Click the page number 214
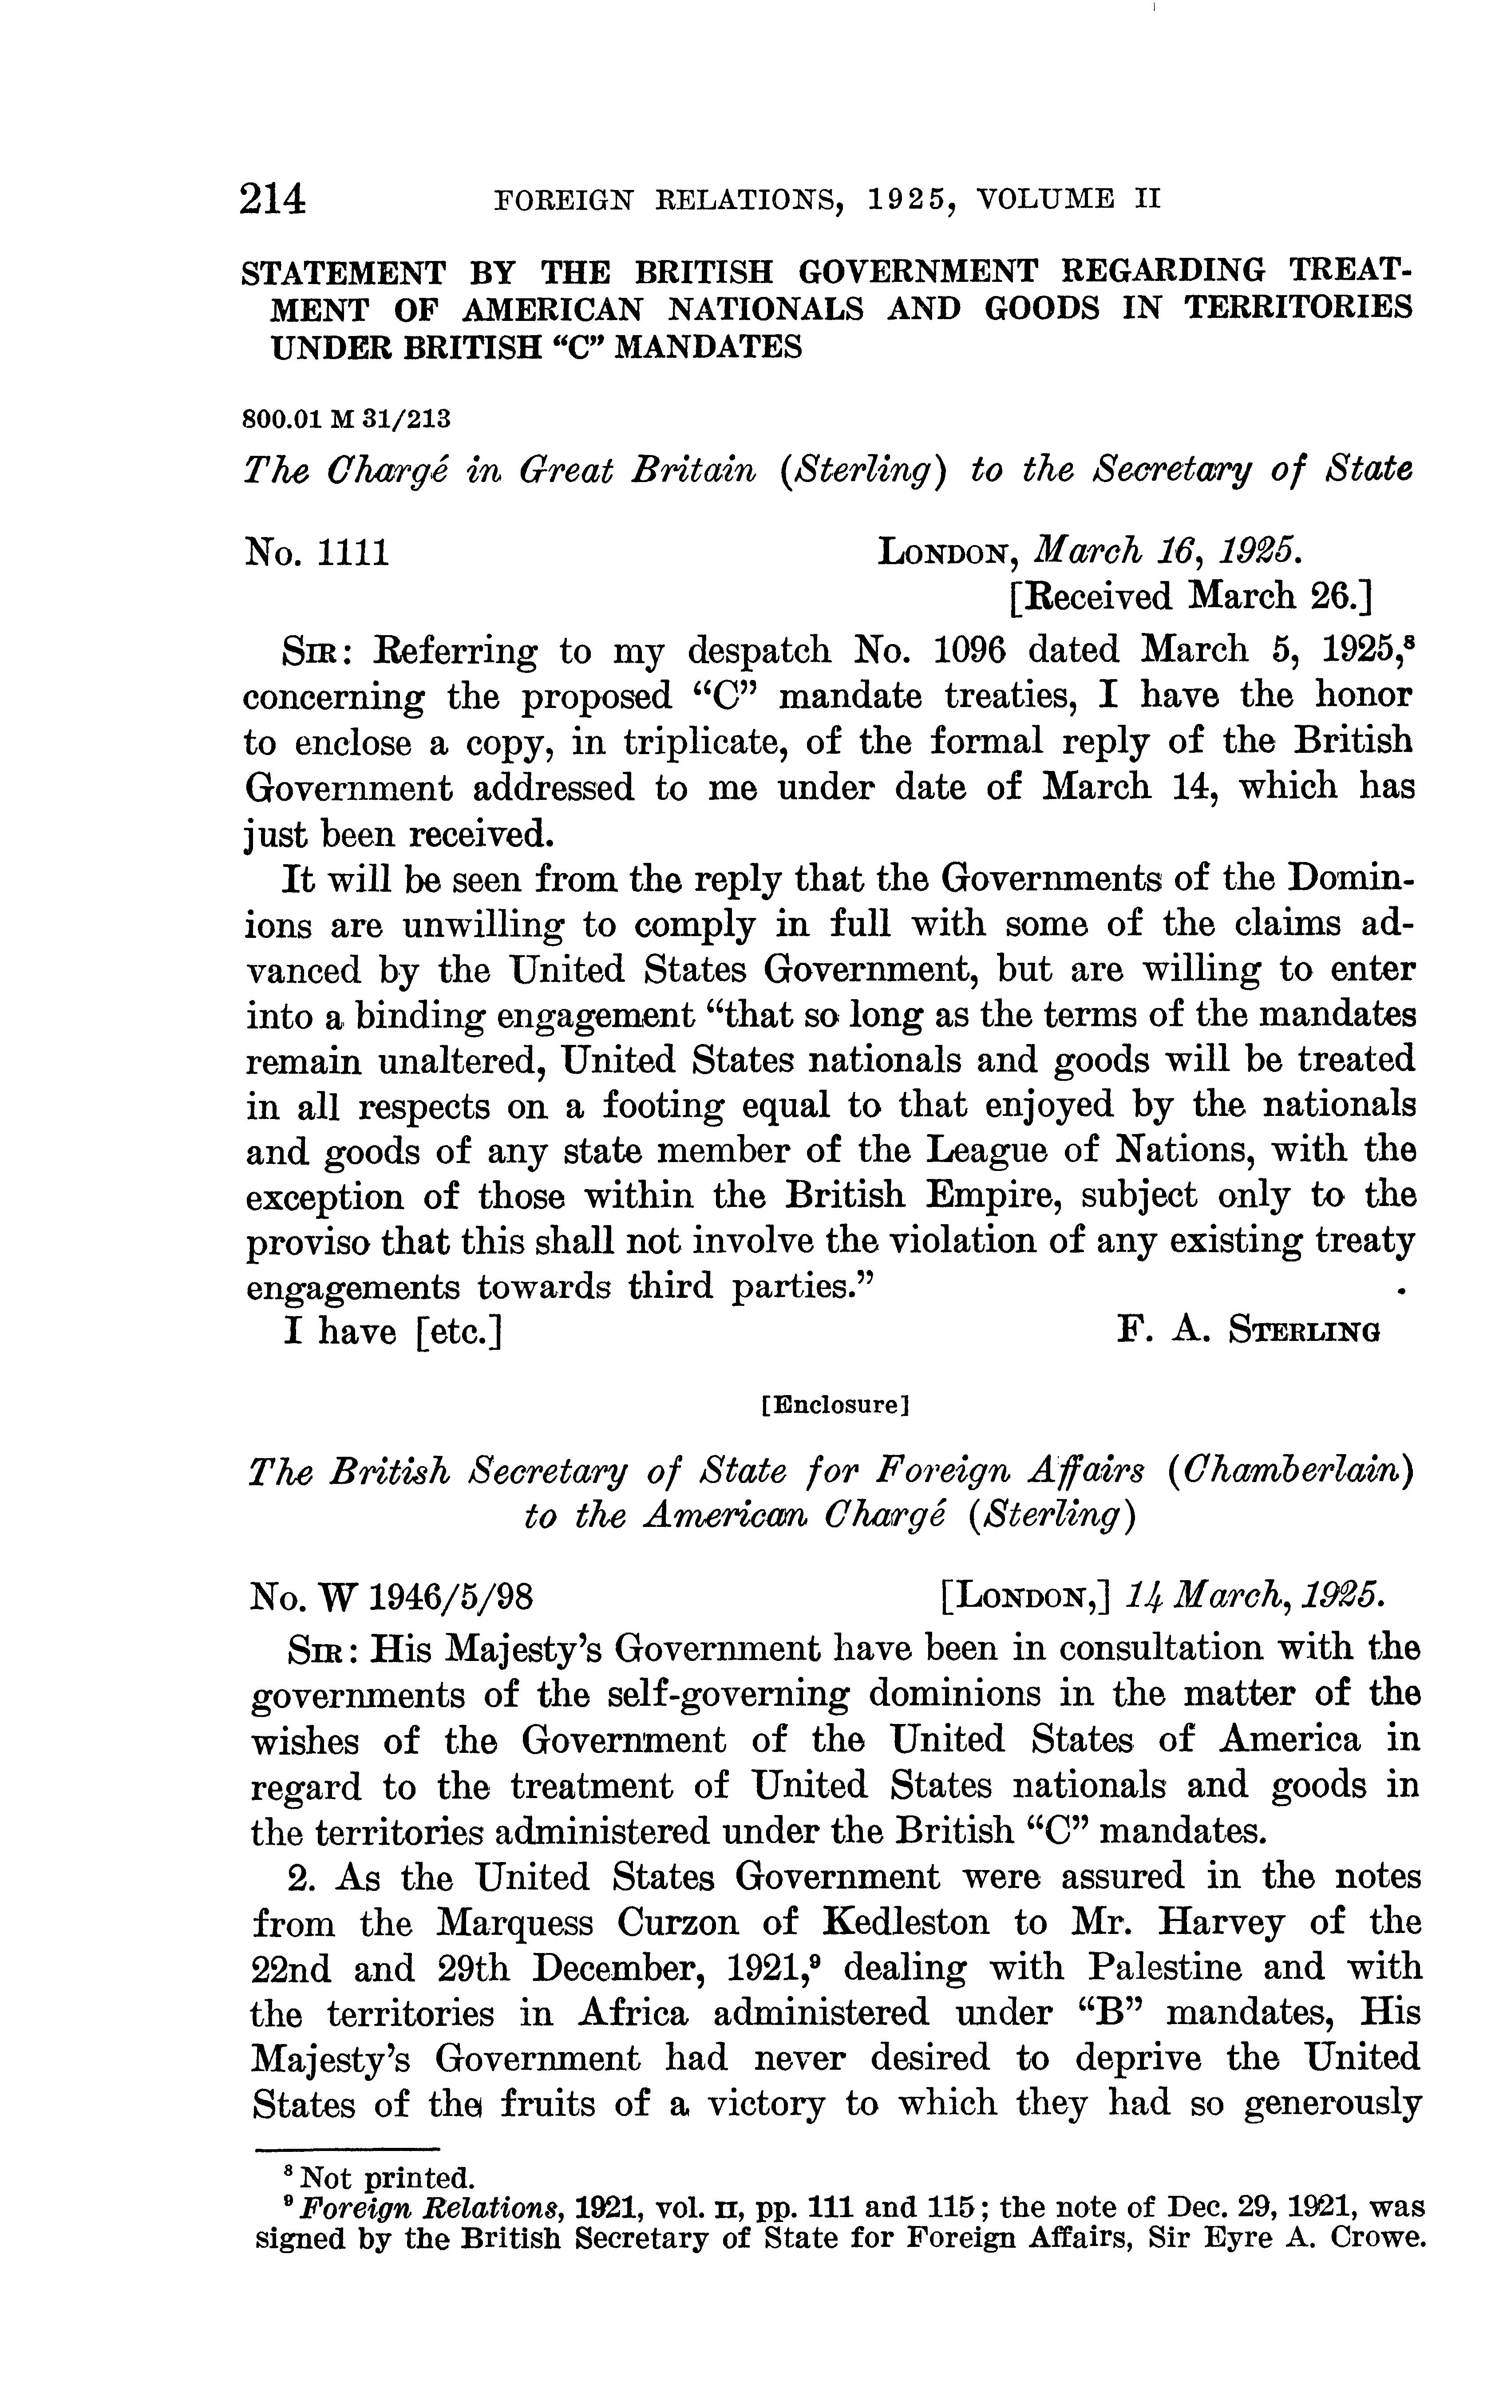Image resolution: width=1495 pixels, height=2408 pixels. (x=273, y=199)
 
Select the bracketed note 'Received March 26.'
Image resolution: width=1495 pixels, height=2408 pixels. (x=1190, y=596)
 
